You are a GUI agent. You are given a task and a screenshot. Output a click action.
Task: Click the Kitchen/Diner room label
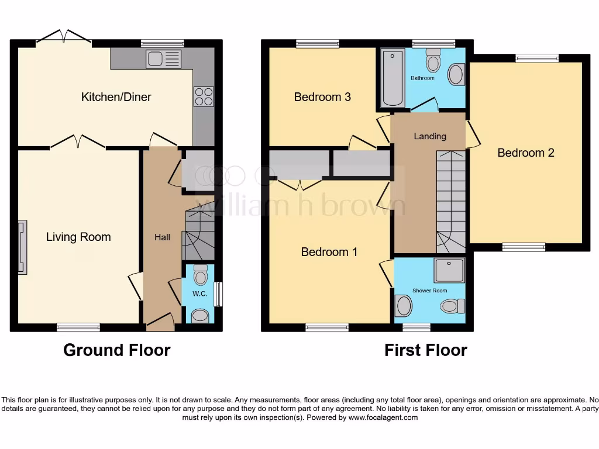(116, 97)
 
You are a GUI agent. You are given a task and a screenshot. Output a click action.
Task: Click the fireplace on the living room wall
(22, 247)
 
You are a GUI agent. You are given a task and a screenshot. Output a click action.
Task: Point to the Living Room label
(78, 237)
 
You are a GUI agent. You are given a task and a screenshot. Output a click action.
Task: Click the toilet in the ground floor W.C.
(200, 274)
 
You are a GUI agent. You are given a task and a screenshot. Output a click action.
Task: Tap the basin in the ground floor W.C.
(199, 316)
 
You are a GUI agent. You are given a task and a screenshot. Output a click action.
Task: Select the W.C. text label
(199, 294)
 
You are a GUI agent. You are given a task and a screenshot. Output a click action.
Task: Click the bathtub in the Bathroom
(393, 79)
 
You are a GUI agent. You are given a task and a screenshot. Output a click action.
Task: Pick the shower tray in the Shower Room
(449, 270)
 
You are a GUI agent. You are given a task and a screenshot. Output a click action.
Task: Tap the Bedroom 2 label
(526, 153)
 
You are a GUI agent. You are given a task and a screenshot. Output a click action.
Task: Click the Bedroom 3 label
(322, 97)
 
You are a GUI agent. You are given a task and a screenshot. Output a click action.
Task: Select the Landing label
(430, 136)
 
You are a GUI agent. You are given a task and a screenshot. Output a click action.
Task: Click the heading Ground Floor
(116, 350)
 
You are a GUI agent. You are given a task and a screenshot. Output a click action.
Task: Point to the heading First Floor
(425, 350)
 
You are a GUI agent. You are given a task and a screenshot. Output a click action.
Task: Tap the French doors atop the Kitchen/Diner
(64, 36)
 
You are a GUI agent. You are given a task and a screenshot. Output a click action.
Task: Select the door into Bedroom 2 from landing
(473, 133)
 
